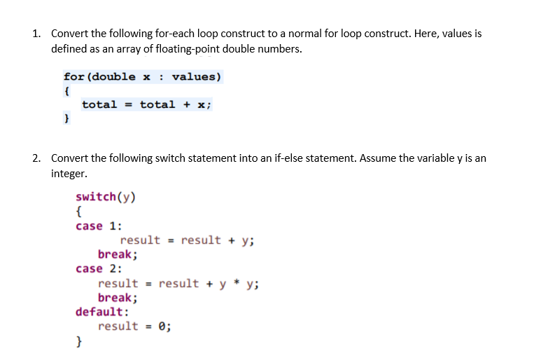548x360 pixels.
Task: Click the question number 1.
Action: (x=36, y=34)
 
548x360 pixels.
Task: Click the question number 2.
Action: (x=36, y=158)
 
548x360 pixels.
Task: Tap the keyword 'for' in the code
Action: (x=72, y=76)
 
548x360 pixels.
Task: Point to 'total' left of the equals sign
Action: (x=99, y=104)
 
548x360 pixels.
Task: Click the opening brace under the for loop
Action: (x=66, y=90)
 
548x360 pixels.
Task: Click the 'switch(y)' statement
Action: (x=106, y=196)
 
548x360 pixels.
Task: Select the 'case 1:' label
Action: (x=99, y=226)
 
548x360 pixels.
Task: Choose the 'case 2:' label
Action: (x=99, y=268)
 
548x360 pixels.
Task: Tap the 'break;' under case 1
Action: (x=118, y=254)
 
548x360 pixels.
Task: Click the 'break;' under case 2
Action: (x=118, y=297)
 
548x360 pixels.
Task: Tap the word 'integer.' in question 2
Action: (x=69, y=173)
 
